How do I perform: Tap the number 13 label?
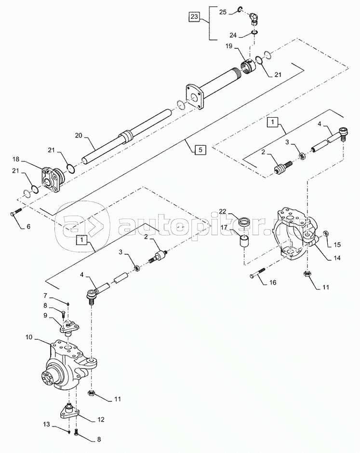46,425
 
